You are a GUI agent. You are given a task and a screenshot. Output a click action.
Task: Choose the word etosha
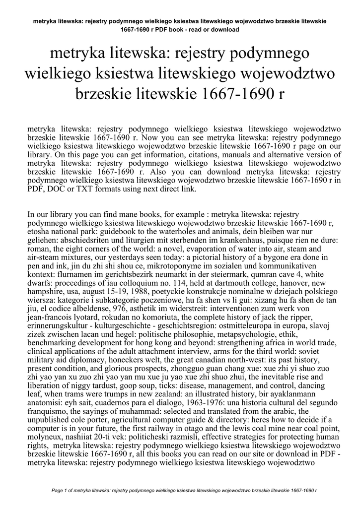click(x=39, y=232)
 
